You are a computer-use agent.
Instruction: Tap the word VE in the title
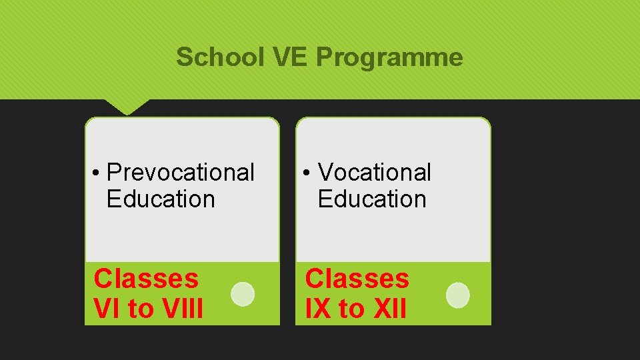tap(291, 58)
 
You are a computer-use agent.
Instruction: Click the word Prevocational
tap(181, 173)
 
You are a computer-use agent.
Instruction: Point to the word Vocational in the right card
tap(375, 173)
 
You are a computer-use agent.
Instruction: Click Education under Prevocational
tap(161, 199)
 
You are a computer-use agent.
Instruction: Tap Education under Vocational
tap(372, 199)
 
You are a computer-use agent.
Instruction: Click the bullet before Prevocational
tap(97, 173)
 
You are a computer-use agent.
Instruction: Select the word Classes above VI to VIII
tap(146, 279)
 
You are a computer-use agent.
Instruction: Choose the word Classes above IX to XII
tap(357, 279)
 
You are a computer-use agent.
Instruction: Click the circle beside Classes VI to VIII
tap(243, 294)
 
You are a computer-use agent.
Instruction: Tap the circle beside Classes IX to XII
tap(457, 295)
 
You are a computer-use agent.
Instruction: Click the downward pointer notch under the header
tap(127, 107)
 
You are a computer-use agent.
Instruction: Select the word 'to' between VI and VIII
tap(141, 309)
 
